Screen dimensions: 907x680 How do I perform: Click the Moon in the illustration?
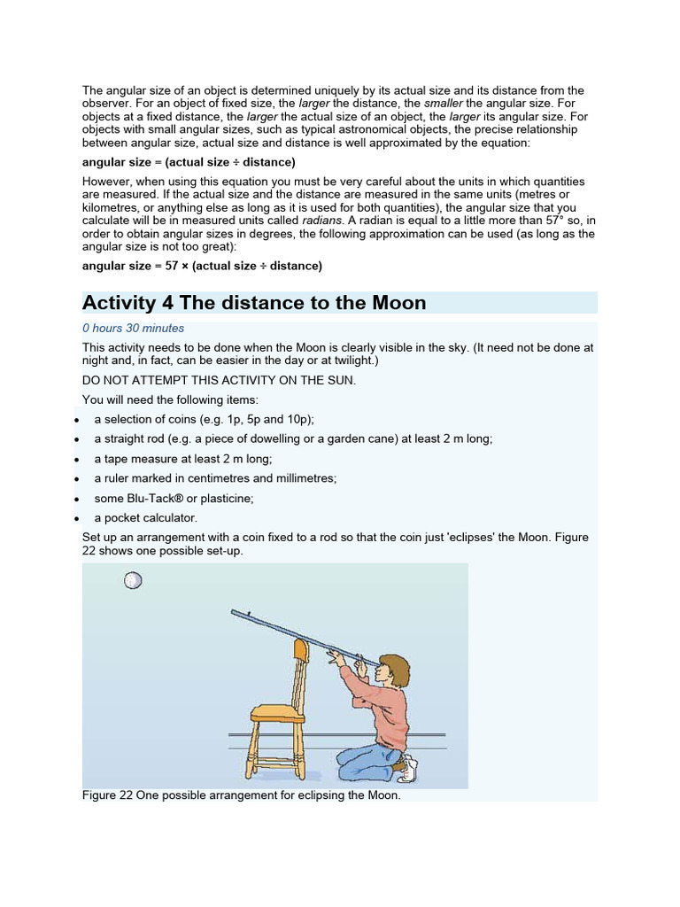[x=133, y=581]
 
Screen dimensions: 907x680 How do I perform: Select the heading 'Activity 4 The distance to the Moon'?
[x=254, y=303]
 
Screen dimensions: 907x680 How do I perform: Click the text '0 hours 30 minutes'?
[x=133, y=328]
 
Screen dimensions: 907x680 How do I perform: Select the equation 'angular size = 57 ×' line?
[x=202, y=266]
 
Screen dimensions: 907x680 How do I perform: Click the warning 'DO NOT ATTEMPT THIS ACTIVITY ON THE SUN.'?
[x=219, y=380]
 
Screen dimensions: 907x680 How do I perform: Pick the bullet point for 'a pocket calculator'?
[x=78, y=518]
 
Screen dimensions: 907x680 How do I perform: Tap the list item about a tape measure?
[x=183, y=459]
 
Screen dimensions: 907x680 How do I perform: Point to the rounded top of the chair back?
[x=301, y=651]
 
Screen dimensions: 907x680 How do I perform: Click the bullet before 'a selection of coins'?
[x=78, y=420]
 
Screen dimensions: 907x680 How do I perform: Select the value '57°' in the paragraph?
[x=541, y=220]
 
